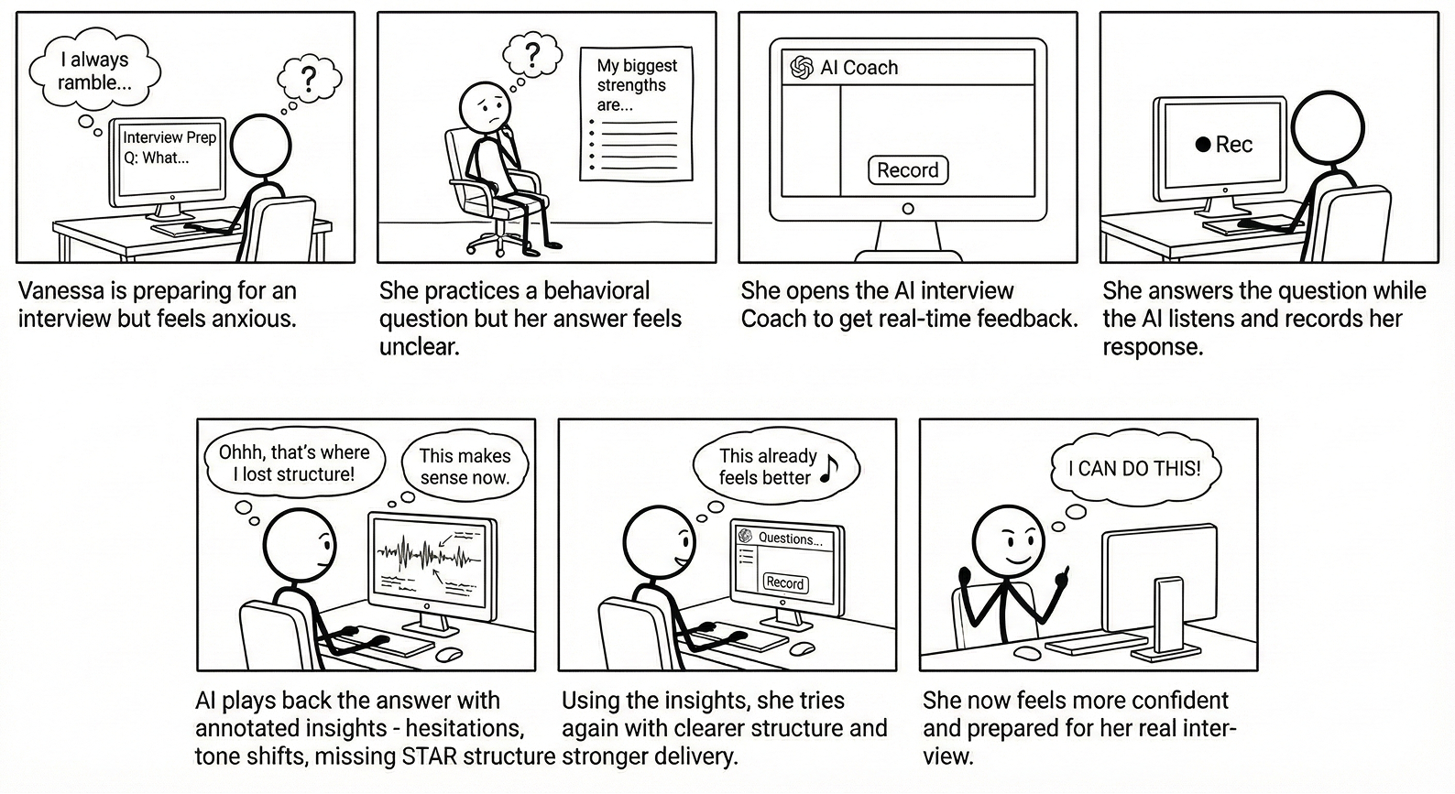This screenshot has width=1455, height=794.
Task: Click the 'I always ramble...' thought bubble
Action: point(94,71)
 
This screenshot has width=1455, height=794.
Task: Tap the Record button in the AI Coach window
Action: point(907,170)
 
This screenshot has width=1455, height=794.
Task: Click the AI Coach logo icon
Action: point(802,68)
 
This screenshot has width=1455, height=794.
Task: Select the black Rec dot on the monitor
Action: point(1203,145)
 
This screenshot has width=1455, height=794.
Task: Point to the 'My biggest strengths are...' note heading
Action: point(636,84)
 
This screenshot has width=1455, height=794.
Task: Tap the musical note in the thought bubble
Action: point(829,468)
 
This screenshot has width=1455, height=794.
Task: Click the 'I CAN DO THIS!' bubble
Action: point(1134,468)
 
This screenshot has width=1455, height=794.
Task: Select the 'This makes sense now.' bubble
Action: point(465,466)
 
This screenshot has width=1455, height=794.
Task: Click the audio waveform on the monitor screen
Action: point(426,554)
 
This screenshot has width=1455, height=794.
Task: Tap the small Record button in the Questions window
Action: point(784,582)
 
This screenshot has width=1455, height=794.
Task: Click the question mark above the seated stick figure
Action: point(532,53)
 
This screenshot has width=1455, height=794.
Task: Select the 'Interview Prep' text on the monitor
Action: point(170,137)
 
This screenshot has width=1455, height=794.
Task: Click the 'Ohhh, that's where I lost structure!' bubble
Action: point(293,462)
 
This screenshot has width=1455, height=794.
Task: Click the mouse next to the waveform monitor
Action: point(449,654)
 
